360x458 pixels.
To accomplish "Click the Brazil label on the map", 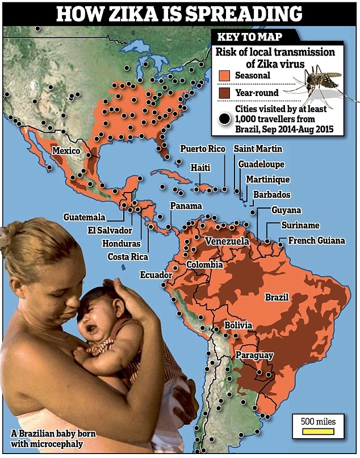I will (277, 297).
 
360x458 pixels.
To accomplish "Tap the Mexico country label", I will (65, 151).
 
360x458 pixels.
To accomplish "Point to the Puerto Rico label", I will (202, 149).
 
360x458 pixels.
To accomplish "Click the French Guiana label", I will (316, 240).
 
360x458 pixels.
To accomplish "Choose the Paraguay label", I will (254, 356).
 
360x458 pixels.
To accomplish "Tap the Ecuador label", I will (156, 275).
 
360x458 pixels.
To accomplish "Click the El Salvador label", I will (110, 230).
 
